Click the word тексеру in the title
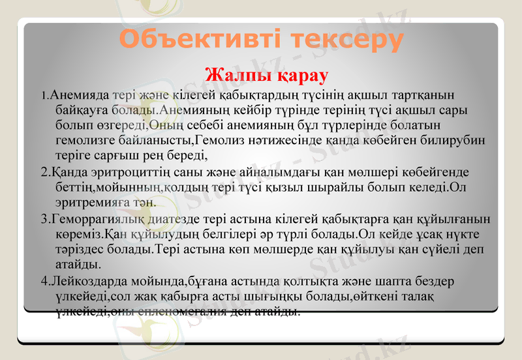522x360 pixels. pyautogui.click(x=346, y=40)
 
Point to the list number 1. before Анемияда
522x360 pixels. pyautogui.click(x=44, y=95)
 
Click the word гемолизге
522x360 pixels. pyautogui.click(x=87, y=140)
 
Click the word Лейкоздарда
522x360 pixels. pyautogui.click(x=89, y=281)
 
